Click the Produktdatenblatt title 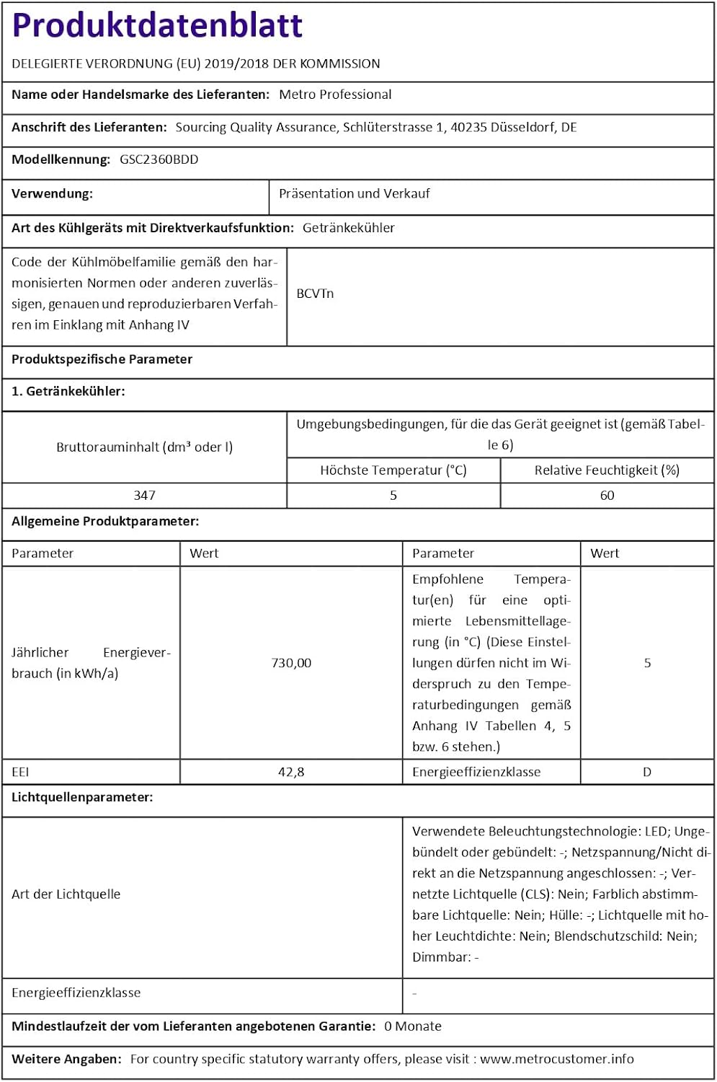[x=157, y=26]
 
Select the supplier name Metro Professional [x=335, y=94]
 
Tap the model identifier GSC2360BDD [x=159, y=159]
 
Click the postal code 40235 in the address [x=468, y=127]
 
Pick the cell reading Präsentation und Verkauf [x=354, y=193]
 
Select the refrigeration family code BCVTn [x=315, y=294]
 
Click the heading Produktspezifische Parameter [x=102, y=359]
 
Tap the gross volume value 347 [x=144, y=496]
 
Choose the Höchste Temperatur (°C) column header [x=393, y=470]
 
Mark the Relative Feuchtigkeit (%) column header [x=607, y=470]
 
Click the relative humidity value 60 [x=607, y=496]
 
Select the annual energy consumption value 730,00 [x=291, y=663]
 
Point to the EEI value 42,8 [x=291, y=772]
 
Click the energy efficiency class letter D [x=647, y=772]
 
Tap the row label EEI [x=20, y=772]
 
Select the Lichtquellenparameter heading [x=82, y=797]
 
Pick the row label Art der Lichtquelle [x=66, y=894]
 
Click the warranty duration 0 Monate [x=413, y=1026]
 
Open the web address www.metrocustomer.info [x=557, y=1059]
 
